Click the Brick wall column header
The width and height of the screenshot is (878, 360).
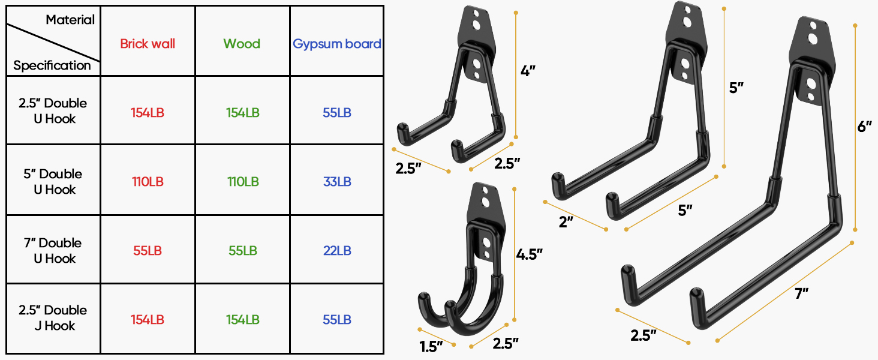[148, 44]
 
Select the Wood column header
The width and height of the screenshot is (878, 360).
[242, 44]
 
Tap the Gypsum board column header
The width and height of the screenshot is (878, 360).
[337, 44]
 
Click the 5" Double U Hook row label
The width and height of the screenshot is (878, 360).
[53, 181]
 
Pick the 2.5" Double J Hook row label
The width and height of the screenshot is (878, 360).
[53, 318]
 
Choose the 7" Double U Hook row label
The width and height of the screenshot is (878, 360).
[53, 250]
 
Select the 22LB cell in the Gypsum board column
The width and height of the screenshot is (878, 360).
[337, 251]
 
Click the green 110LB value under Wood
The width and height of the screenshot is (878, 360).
[242, 181]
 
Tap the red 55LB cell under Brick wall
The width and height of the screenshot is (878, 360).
[148, 251]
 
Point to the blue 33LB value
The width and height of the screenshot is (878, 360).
[337, 181]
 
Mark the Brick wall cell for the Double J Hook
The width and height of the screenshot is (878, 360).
[148, 319]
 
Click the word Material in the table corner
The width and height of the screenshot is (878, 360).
[70, 20]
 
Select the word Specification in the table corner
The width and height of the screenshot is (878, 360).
[52, 65]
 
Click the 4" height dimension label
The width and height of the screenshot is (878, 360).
[528, 71]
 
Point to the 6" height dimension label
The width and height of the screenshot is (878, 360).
[864, 127]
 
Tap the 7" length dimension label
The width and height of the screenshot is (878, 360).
[802, 294]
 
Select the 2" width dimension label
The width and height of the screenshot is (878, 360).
[566, 222]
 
